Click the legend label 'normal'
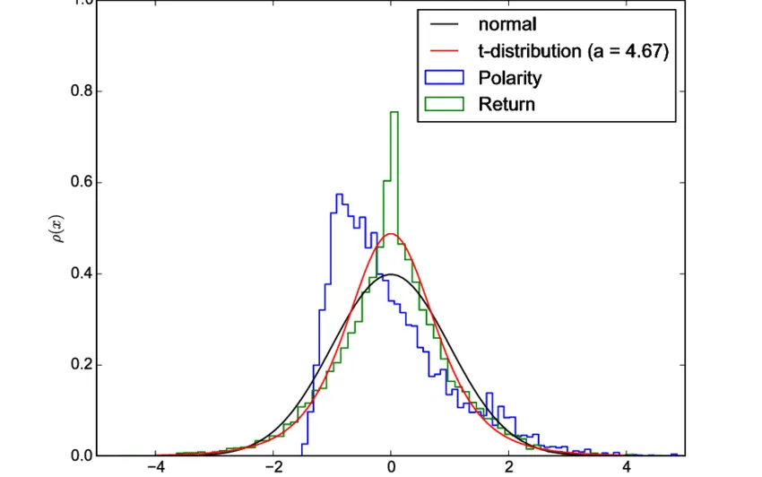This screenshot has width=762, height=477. (x=507, y=25)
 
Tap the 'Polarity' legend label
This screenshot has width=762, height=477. (x=509, y=78)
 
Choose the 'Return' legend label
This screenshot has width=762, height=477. (x=507, y=104)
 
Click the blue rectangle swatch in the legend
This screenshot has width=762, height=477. (x=445, y=78)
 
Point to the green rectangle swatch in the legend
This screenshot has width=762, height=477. (x=445, y=104)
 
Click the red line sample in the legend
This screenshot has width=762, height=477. (x=445, y=52)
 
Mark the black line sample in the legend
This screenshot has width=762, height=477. (x=445, y=25)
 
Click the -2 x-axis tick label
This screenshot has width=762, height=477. (x=271, y=469)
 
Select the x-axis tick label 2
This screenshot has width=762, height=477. (x=508, y=469)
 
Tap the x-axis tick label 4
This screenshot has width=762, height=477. (x=626, y=469)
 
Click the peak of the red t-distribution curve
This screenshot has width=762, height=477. (x=391, y=234)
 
